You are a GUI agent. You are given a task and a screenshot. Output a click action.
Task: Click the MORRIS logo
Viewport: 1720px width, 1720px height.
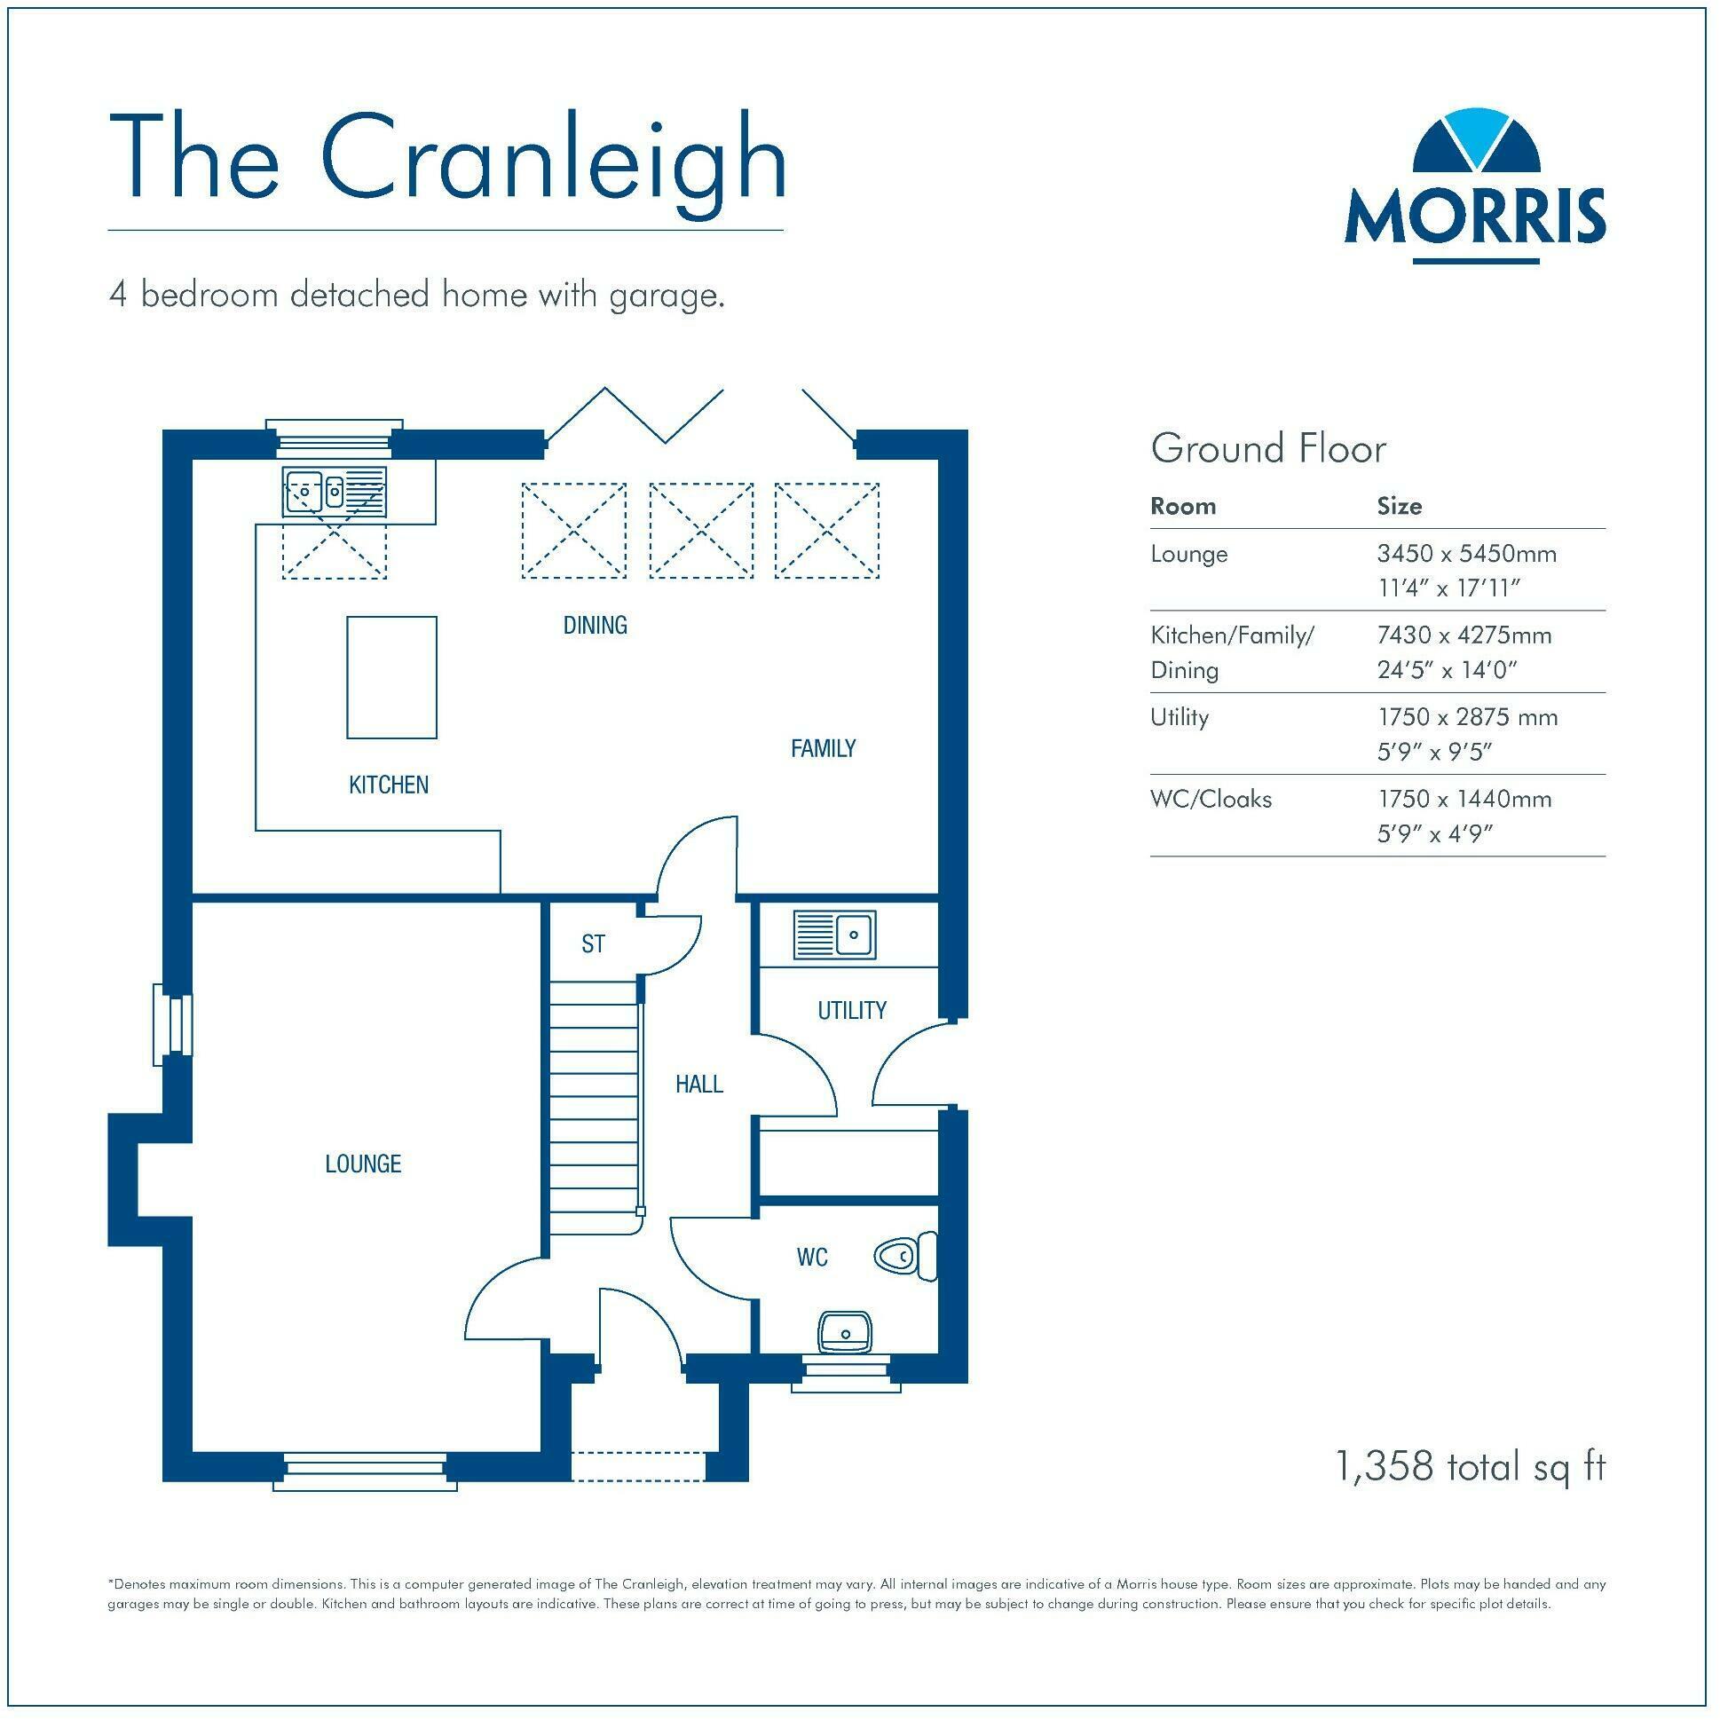pos(1474,187)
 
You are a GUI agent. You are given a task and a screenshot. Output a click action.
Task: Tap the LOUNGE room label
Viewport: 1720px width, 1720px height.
pos(363,1164)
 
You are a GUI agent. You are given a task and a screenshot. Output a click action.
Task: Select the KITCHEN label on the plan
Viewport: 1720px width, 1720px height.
pos(388,785)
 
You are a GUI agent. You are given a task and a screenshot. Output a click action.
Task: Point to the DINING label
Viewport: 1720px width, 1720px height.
pos(595,625)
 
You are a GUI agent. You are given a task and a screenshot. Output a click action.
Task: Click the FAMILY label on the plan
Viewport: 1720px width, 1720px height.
pos(823,748)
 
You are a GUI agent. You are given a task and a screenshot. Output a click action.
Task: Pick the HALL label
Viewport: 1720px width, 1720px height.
pos(698,1084)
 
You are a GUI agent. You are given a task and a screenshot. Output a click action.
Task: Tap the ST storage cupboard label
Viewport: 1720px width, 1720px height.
pos(593,943)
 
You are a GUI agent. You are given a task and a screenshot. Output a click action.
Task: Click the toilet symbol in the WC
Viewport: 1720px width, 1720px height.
pos(905,1256)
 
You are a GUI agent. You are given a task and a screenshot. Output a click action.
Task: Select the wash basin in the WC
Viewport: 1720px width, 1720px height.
pos(844,1332)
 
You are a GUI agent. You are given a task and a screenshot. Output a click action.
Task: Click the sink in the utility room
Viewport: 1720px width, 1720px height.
pos(834,935)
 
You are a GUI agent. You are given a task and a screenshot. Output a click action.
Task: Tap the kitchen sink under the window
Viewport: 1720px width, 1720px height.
pos(335,492)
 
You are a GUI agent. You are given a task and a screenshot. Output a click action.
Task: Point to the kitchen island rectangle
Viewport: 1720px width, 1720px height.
pos(391,676)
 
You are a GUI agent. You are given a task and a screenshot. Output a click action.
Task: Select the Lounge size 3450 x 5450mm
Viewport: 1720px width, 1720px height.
pos(1466,554)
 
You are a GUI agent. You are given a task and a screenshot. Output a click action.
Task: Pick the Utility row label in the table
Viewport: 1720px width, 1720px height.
pos(1179,717)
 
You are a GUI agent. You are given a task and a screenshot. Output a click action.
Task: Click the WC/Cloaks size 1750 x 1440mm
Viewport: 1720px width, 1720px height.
pos(1464,799)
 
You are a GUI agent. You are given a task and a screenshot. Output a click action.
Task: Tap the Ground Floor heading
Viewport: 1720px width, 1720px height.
pos(1267,449)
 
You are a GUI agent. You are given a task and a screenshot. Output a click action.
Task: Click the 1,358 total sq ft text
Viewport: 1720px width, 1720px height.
pos(1469,1466)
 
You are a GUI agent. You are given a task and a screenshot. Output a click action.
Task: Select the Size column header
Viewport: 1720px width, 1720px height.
pos(1399,507)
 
